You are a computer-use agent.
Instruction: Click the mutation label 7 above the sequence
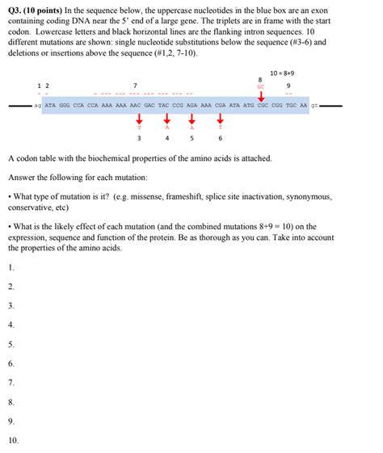point(135,86)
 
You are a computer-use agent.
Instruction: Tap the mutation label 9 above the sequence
point(289,86)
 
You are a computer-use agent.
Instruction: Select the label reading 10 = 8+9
point(282,73)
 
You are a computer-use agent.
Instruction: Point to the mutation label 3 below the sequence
point(139,137)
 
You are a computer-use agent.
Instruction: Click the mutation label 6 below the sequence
point(220,137)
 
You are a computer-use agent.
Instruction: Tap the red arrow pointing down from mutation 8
point(260,96)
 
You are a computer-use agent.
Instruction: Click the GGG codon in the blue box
point(68,105)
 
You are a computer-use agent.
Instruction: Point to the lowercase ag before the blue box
point(37,105)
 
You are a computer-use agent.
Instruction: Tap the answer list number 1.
point(11,267)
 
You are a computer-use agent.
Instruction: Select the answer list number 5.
point(11,344)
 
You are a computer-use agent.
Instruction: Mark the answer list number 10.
point(13,440)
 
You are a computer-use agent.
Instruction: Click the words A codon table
point(32,159)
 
